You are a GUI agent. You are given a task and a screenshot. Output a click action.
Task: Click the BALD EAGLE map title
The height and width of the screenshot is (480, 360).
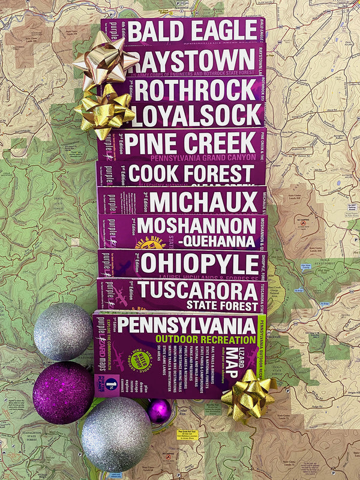193,31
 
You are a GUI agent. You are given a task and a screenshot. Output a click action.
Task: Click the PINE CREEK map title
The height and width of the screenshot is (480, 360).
191,144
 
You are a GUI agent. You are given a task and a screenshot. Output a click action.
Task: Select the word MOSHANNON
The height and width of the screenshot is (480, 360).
196,226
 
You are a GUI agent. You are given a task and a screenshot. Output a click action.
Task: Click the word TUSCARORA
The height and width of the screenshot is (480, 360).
198,290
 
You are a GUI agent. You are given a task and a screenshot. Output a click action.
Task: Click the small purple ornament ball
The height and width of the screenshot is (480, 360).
159,411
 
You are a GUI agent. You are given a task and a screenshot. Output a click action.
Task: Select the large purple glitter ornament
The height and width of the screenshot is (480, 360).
63,392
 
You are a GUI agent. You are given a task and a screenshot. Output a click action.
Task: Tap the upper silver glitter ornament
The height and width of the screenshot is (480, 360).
63,332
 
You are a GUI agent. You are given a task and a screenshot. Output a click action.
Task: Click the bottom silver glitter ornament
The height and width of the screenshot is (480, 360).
116,434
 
